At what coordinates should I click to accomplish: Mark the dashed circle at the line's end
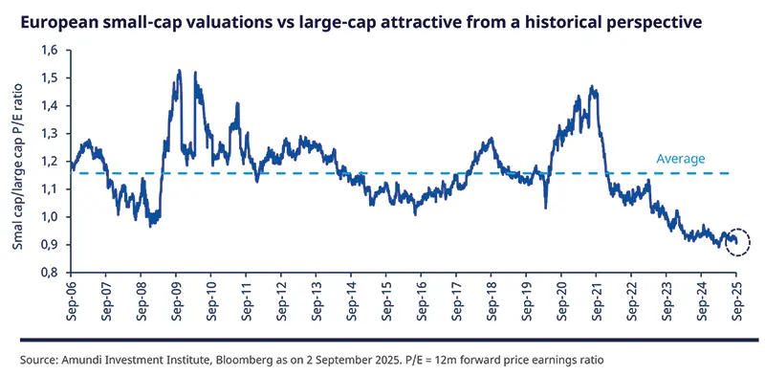736,244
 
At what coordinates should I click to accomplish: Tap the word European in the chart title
55,18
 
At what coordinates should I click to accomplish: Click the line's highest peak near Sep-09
179,71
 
